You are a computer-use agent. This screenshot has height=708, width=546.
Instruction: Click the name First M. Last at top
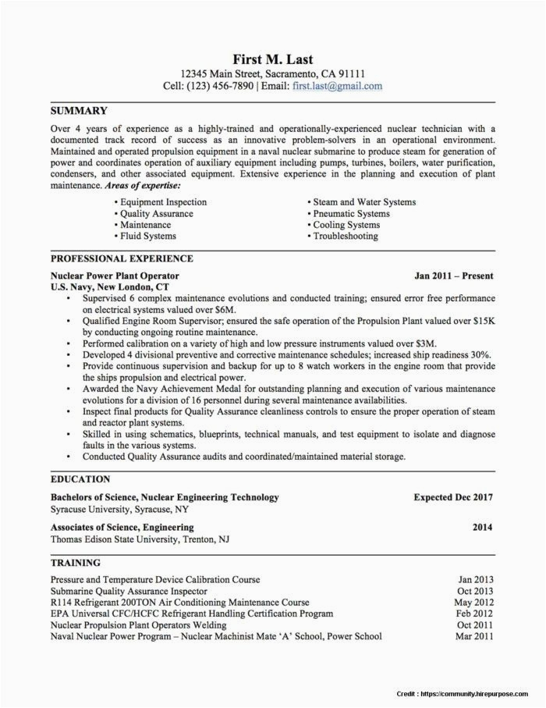tap(272, 59)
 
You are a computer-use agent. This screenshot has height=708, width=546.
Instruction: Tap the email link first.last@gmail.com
tap(337, 86)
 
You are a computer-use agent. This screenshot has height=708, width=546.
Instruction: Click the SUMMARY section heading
tap(79, 111)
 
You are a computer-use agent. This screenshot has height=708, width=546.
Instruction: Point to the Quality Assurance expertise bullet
tap(156, 213)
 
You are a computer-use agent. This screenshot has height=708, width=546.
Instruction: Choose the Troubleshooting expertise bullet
tap(345, 236)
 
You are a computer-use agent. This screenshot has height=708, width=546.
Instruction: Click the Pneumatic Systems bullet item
tap(350, 213)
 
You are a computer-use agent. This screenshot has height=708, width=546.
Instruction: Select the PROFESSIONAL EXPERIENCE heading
tap(122, 258)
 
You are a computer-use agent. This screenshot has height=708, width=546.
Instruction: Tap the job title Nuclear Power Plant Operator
tap(115, 276)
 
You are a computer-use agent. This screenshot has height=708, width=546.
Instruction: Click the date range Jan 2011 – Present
tap(453, 276)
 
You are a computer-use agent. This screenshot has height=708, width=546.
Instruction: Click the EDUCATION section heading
tap(80, 479)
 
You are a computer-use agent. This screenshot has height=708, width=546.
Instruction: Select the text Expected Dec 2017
tap(452, 496)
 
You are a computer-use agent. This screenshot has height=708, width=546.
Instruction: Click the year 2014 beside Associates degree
tap(482, 528)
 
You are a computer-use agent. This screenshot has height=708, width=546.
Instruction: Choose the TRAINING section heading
tap(76, 562)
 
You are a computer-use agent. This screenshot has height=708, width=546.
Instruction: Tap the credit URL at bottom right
tap(484, 692)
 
